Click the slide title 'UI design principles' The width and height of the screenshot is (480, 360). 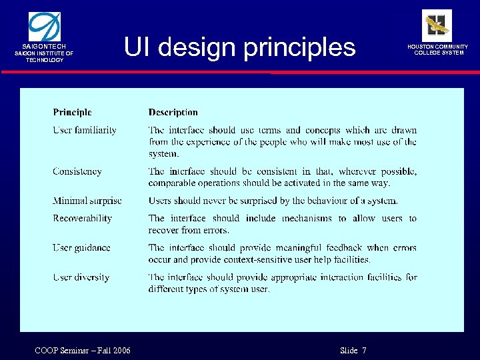point(240,47)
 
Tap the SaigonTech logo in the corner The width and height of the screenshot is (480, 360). point(44,26)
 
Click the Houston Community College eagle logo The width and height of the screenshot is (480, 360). point(437,25)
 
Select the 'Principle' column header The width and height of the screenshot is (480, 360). point(72,113)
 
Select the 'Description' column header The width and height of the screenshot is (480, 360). point(173,113)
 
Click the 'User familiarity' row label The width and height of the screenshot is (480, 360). point(85,131)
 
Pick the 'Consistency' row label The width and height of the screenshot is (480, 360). point(77,171)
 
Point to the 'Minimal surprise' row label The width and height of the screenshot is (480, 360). point(87,201)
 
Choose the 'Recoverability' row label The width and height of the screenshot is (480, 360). point(83,218)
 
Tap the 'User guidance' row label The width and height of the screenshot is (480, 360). point(81,248)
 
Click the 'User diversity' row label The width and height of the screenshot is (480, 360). point(81,277)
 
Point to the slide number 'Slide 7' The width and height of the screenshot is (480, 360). point(353,351)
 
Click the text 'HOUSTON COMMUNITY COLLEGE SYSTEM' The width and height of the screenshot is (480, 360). point(441,50)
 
